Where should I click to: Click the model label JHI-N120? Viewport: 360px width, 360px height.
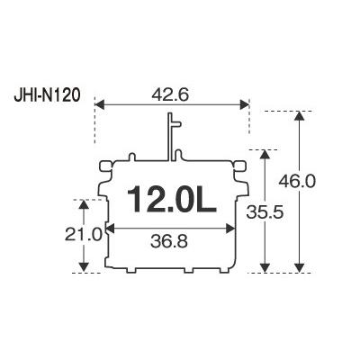pos(48,97)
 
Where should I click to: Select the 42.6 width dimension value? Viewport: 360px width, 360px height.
pos(170,95)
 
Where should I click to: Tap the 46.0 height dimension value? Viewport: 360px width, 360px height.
pos(297,181)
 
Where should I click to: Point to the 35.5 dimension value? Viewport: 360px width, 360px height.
pos(265,212)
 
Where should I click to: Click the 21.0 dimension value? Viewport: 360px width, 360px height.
pos(84,235)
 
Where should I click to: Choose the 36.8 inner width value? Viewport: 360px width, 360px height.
pos(169,242)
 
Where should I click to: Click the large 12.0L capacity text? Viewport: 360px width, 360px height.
pos(172,200)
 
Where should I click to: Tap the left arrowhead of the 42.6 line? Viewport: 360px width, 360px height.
pos(99,105)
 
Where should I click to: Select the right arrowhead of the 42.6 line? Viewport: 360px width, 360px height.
pos(245,105)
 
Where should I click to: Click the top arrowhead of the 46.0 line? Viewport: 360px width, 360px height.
pos(299,116)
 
